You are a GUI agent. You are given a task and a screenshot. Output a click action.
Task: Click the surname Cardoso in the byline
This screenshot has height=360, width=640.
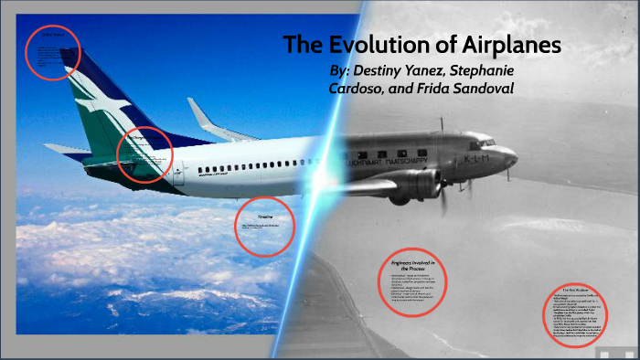click(x=359, y=89)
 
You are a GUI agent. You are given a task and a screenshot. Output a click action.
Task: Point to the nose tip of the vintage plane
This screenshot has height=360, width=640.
click(x=517, y=157)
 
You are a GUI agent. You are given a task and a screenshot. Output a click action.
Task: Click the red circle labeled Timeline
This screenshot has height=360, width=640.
click(x=264, y=226)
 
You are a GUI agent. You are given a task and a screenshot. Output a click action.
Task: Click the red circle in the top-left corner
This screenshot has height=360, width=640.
click(x=52, y=51)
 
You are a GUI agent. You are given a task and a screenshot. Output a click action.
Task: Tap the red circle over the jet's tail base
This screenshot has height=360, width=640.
click(x=144, y=154)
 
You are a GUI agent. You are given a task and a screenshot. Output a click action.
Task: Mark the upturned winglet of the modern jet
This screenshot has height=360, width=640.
click(x=203, y=117)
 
